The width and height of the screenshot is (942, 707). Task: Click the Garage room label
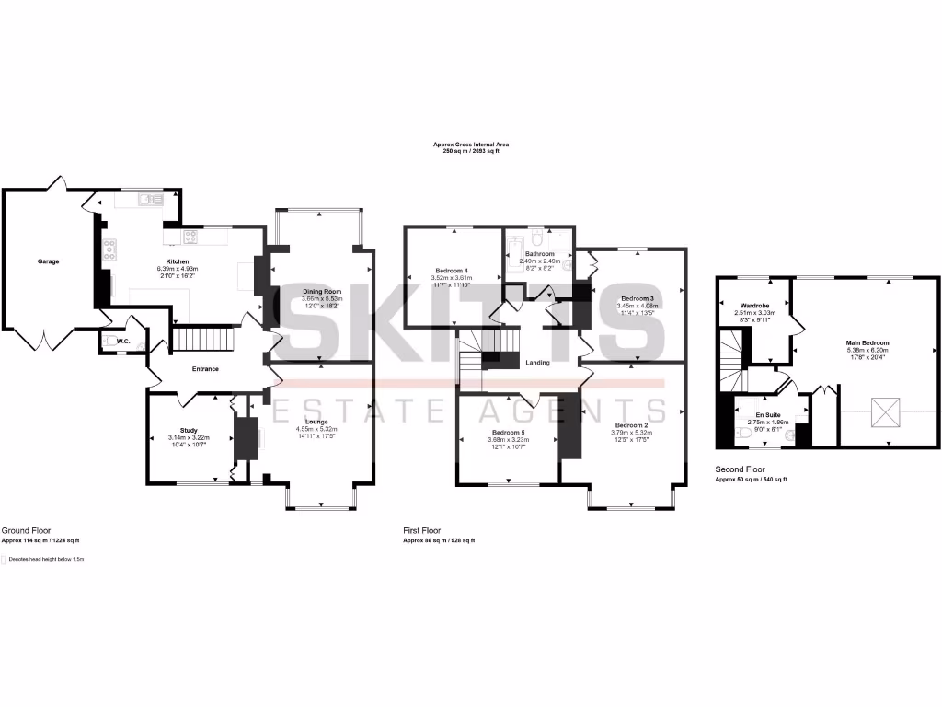[x=48, y=261]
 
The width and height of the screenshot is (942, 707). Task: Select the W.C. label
[x=122, y=341]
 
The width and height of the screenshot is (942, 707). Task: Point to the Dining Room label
[x=322, y=292]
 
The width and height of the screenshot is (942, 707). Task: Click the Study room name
[x=189, y=430]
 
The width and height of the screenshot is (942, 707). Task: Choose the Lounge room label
[x=316, y=422]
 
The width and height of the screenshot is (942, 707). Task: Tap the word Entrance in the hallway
[x=204, y=369]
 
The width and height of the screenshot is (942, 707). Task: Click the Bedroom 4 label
[x=452, y=270]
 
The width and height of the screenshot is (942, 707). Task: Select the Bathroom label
[x=539, y=254]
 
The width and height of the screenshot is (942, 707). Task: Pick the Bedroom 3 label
[x=637, y=298]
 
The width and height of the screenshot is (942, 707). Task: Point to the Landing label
[x=537, y=363]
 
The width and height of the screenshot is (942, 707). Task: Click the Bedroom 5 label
[x=508, y=432]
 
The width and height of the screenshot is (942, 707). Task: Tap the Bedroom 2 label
[x=630, y=425]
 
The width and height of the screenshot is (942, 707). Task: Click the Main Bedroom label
[x=867, y=343]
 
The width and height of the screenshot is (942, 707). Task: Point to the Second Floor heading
[x=740, y=469]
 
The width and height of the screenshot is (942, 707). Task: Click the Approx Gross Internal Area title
[x=471, y=145]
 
